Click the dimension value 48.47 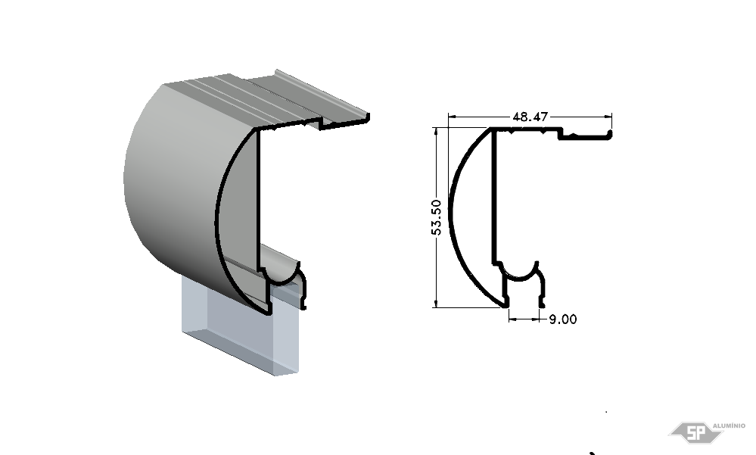(530, 117)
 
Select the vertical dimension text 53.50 (436, 217)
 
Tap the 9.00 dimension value (563, 319)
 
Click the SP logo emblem (695, 432)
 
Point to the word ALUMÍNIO (729, 425)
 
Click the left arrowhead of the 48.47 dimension (452, 117)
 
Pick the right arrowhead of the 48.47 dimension (608, 117)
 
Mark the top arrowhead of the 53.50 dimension (436, 131)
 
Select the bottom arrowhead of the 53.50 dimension (436, 304)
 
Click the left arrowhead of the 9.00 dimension (512, 319)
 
